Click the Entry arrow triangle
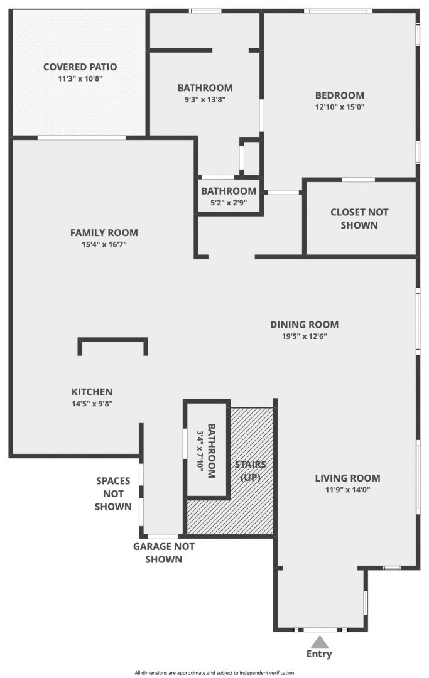(319, 642)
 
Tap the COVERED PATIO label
(80, 67)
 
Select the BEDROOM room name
(339, 95)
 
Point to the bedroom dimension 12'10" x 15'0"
(339, 107)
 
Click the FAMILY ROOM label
(104, 233)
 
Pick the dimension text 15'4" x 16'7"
(104, 244)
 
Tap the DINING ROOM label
(305, 325)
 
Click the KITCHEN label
(92, 392)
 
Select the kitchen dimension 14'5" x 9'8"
(92, 404)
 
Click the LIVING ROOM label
(348, 478)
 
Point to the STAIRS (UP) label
(251, 471)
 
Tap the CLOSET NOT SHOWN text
(359, 219)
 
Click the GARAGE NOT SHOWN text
(163, 553)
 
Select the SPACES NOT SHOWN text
(113, 494)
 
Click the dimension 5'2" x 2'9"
(229, 202)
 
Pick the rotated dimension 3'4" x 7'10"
(200, 451)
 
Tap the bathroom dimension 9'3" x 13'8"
(205, 99)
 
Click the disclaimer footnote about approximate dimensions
(215, 673)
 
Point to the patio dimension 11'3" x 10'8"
(80, 78)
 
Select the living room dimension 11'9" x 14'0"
(348, 490)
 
